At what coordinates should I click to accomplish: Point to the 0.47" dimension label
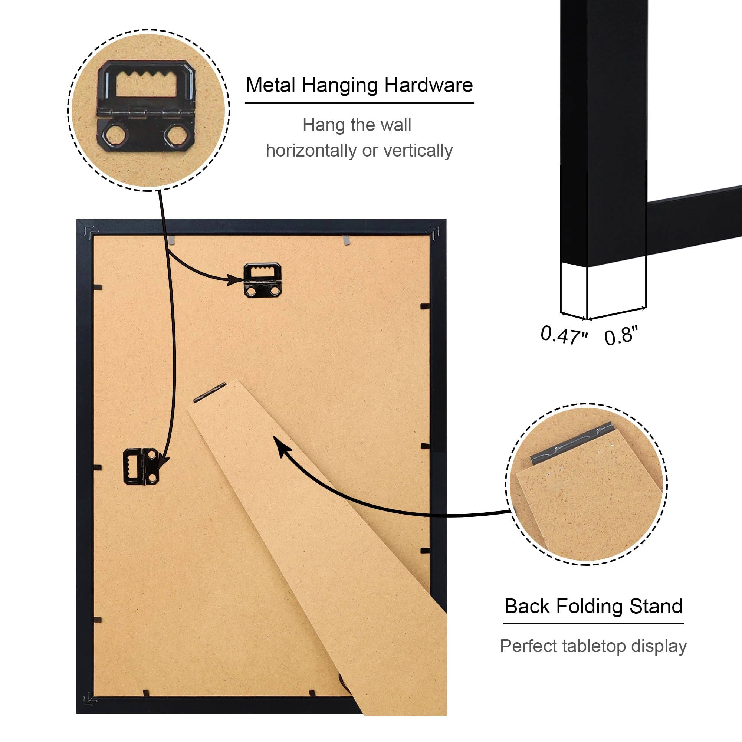[564, 335]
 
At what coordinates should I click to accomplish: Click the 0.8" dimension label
[621, 335]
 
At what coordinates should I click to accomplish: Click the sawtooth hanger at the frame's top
[263, 280]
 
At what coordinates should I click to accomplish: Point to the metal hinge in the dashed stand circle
[571, 443]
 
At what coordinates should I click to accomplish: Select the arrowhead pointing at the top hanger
[236, 280]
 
